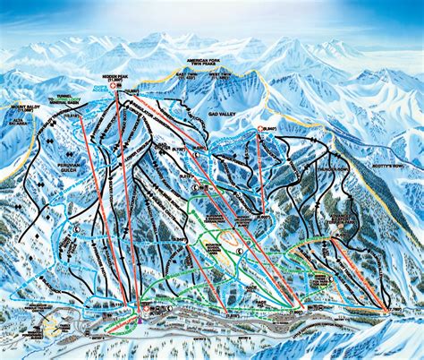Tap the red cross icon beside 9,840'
point(260,130)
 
